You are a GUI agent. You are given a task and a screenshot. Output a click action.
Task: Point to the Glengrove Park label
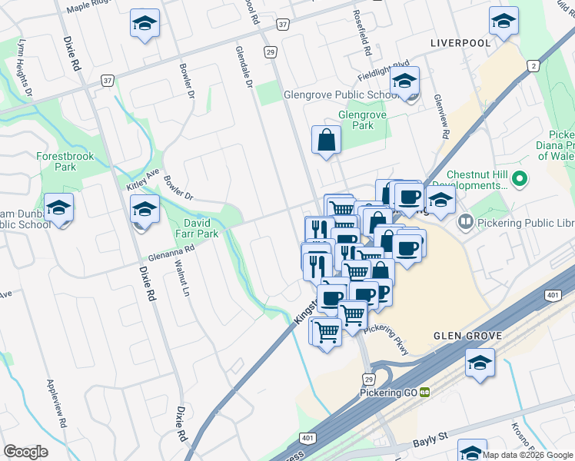(x=361, y=120)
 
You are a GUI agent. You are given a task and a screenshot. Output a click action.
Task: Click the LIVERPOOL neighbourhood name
(x=460, y=43)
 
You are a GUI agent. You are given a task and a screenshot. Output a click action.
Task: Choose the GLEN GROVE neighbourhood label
(x=468, y=336)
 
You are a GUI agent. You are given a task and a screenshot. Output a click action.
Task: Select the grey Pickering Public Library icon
(x=465, y=222)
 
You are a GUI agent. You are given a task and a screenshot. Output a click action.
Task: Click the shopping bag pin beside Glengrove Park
(x=326, y=141)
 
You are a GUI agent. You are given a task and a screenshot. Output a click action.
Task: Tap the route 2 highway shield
(x=533, y=66)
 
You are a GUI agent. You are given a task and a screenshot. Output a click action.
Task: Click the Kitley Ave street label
(x=141, y=182)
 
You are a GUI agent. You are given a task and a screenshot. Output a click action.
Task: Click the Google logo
(x=25, y=451)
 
